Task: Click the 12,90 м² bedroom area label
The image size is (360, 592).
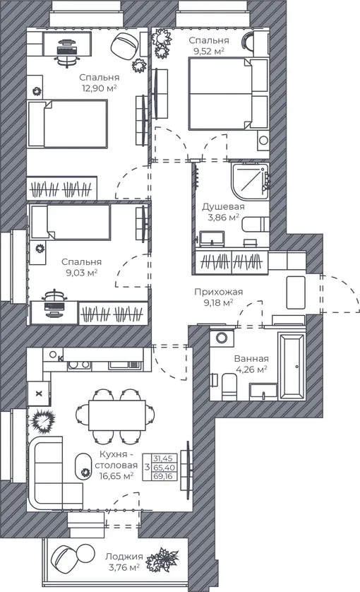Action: coord(100,88)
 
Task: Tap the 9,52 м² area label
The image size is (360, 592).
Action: coord(209,51)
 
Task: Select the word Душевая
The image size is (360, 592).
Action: coord(223,206)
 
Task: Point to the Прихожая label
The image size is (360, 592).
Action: coord(219,292)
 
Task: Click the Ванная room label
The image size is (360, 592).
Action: coord(251,359)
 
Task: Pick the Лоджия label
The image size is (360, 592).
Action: coord(124,556)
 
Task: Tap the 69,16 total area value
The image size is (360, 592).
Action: coord(163,476)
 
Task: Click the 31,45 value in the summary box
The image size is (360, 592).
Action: coord(163,458)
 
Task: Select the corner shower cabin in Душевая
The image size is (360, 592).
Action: coord(250,182)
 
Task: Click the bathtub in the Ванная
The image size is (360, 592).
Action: coord(292,367)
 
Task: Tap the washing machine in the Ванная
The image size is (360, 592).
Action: coord(222,337)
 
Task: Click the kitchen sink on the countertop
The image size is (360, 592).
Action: coord(124,365)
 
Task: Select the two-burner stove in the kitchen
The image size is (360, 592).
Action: coord(79,365)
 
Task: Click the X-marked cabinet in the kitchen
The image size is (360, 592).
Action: coord(38,393)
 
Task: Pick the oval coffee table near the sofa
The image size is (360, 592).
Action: coord(84,466)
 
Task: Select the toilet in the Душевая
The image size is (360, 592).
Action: coord(256,224)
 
